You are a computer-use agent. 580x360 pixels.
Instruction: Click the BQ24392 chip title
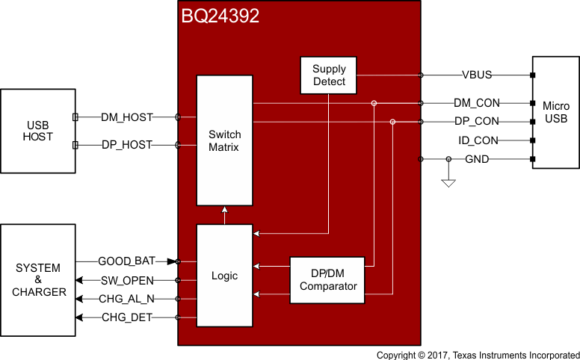pos(220,16)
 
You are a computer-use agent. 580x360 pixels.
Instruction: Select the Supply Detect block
pos(329,75)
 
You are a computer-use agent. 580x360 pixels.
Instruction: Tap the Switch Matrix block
pos(224,140)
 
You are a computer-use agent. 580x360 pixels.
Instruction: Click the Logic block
pos(224,276)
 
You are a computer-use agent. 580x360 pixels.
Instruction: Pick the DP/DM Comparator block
pos(327,280)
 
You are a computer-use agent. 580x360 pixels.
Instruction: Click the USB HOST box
pos(38,131)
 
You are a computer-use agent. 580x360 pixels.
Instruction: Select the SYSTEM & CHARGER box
pos(38,279)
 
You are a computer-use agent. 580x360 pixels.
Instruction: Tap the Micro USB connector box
pos(556,112)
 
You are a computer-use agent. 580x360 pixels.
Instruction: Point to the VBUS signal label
pos(477,75)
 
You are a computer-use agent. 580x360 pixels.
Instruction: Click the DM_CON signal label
pos(477,103)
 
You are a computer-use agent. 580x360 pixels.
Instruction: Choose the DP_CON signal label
pos(477,121)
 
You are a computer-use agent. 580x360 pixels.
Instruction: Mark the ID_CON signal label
pos(477,140)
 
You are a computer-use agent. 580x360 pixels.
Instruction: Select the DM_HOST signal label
pos(127,117)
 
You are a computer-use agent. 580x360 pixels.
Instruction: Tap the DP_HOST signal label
pos(127,144)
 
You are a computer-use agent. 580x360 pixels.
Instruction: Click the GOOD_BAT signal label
pos(126,261)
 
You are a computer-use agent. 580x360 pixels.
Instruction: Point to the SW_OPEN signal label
pos(127,280)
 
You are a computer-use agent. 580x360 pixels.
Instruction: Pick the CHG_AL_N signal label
pos(127,299)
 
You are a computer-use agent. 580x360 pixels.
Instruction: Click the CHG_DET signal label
pos(127,318)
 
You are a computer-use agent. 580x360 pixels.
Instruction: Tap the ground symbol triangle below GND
pos(448,182)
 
